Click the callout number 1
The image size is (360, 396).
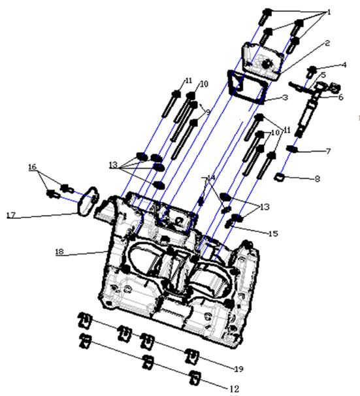click(x=329, y=12)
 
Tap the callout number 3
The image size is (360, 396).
click(x=286, y=97)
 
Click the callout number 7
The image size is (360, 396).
click(x=329, y=152)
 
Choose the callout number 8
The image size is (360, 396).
click(x=318, y=176)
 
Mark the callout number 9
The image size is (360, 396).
click(x=207, y=112)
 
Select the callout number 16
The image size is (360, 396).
click(x=32, y=167)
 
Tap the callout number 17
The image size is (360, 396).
click(x=10, y=214)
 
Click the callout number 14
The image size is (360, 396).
click(x=210, y=178)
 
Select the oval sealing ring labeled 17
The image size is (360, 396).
click(x=88, y=201)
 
